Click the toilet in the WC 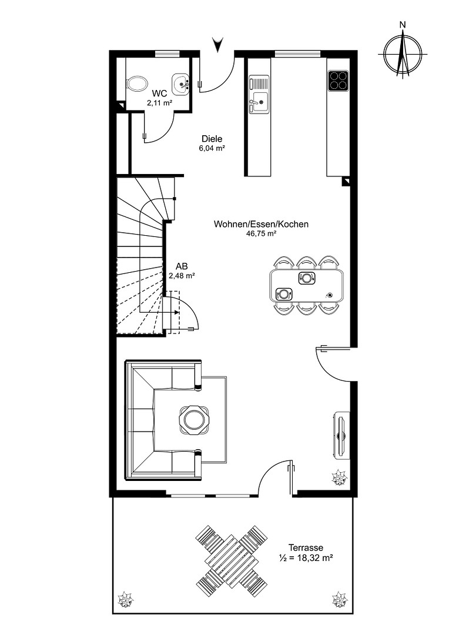[x=136, y=85]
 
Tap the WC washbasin [x=181, y=84]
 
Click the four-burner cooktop [x=338, y=81]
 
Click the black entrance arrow [x=218, y=44]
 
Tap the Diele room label [x=212, y=139]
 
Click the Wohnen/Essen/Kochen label [x=261, y=224]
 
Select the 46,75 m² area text [x=261, y=233]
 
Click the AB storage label [x=182, y=266]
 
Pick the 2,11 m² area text [x=159, y=103]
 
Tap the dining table [x=307, y=286]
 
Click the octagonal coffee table [x=195, y=420]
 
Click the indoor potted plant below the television [x=339, y=478]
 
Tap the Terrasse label [x=306, y=547]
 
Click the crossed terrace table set [x=232, y=560]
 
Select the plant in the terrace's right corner [x=339, y=599]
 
